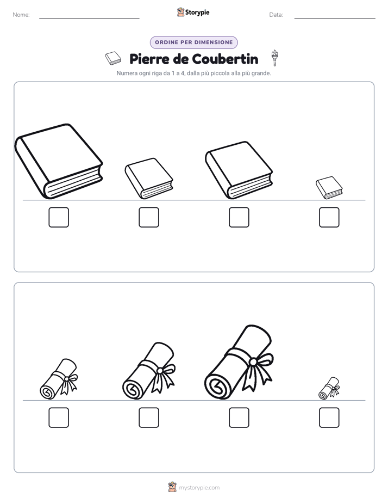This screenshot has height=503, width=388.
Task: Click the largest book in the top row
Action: (x=59, y=161)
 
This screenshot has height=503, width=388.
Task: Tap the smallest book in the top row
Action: (x=329, y=188)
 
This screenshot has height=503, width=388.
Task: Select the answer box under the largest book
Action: (x=59, y=217)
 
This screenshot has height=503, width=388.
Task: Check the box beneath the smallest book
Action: (x=329, y=217)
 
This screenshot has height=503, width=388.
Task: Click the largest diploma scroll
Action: (x=239, y=363)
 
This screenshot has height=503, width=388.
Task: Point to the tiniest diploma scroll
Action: (x=329, y=388)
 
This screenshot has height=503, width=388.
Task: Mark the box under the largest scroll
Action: (x=239, y=418)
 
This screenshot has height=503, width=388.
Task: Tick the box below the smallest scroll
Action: (x=329, y=418)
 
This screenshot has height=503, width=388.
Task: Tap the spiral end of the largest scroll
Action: (x=218, y=385)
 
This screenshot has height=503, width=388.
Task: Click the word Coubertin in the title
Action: (x=226, y=59)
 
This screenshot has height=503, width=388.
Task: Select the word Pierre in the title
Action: (x=149, y=59)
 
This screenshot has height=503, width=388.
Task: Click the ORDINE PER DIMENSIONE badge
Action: (x=193, y=42)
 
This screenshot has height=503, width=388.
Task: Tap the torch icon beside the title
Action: (x=274, y=58)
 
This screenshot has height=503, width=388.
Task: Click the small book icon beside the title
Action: (x=113, y=58)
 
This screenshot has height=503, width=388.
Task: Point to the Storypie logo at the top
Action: (x=193, y=12)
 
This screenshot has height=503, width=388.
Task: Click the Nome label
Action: (x=21, y=15)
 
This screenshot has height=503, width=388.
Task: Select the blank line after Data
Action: (x=335, y=18)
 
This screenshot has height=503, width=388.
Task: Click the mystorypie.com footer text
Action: (x=199, y=488)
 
